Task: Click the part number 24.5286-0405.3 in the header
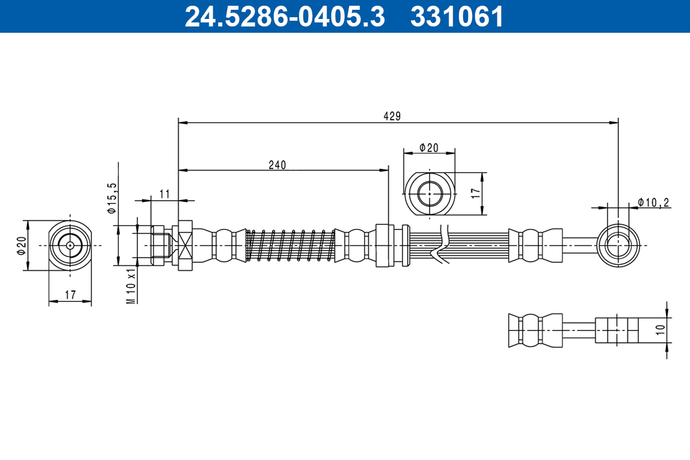(284, 17)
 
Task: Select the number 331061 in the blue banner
(457, 17)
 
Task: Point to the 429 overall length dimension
(392, 116)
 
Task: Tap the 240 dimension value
(277, 164)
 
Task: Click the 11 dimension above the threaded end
(164, 194)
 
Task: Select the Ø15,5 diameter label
(112, 198)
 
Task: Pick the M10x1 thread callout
(131, 285)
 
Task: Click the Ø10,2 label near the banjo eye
(654, 202)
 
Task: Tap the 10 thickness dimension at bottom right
(660, 329)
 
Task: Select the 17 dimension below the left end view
(70, 295)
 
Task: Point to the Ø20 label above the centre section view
(428, 147)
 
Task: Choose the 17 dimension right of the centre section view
(475, 193)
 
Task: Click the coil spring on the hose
(290, 246)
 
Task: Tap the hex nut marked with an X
(185, 246)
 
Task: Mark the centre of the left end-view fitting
(70, 246)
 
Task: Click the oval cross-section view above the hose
(430, 193)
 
